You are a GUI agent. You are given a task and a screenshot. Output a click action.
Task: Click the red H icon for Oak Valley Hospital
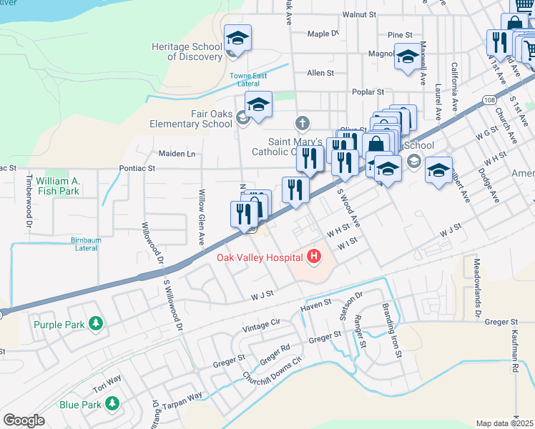pos(313,255)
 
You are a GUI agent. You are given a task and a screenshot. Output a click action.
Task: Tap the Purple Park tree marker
pos(95,324)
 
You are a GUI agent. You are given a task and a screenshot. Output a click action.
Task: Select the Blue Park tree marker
pos(112,405)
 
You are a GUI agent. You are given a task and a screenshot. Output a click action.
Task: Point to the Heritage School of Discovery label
pos(187,51)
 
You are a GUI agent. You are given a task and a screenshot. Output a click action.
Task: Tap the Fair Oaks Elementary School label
pos(191,119)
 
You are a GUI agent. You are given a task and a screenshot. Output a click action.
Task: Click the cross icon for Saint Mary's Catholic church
pos(303,123)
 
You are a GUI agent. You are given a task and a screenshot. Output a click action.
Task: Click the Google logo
pos(24,420)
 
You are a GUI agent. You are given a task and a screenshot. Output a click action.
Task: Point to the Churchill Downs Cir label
pos(273,372)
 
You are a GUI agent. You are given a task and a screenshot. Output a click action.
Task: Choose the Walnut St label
pos(359,14)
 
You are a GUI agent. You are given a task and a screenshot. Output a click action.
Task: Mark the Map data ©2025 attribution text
pos(505,423)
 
